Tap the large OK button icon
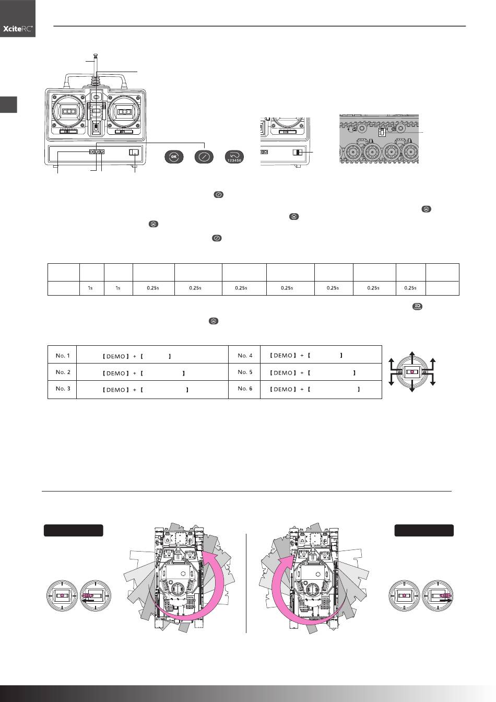(x=174, y=157)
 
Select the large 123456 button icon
(x=234, y=157)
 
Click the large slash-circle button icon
(x=204, y=157)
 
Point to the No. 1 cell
(x=62, y=355)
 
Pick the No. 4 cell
(x=245, y=355)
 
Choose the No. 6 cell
(x=245, y=389)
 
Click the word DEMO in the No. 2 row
(x=116, y=373)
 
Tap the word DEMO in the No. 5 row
(x=283, y=372)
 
